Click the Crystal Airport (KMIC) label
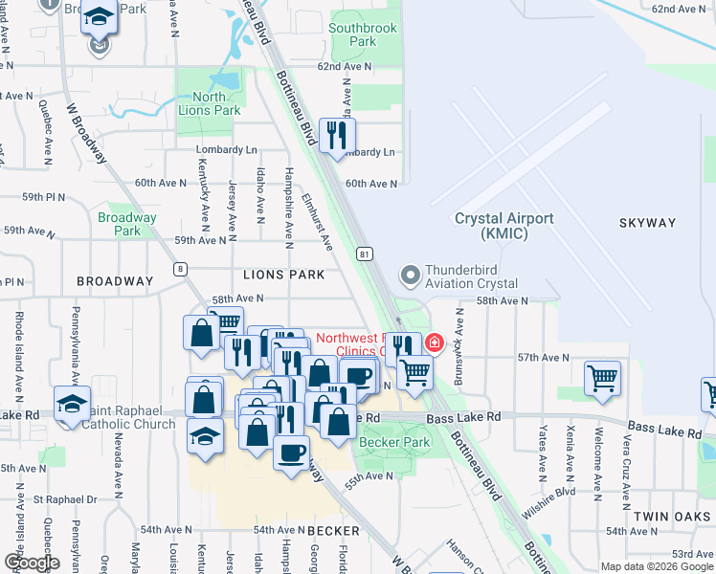[x=503, y=226]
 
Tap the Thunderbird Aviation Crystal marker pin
[x=411, y=276]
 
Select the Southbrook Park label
[x=363, y=34]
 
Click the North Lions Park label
[x=209, y=103]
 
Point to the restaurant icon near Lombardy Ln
[x=336, y=136]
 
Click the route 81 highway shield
[x=365, y=254]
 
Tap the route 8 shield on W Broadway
[x=179, y=269]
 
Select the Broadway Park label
[x=126, y=224]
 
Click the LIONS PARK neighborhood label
[x=283, y=275]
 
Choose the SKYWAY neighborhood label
[x=647, y=223]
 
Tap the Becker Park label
[x=394, y=443]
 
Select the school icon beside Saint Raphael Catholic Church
[x=72, y=404]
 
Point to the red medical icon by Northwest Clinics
[x=434, y=342]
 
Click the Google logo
[x=32, y=563]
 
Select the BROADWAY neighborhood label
[x=115, y=281]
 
